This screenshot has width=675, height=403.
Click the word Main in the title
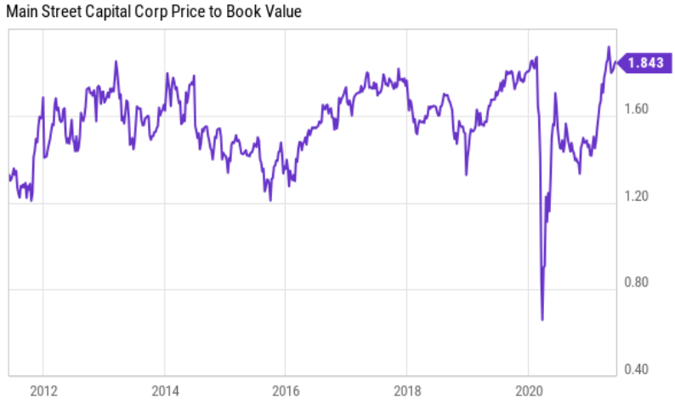22,12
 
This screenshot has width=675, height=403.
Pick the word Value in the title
283,12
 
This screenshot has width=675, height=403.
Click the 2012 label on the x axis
43,391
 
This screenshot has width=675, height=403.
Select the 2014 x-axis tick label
165,391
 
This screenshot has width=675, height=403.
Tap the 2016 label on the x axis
286,391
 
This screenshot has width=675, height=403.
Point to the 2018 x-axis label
408,391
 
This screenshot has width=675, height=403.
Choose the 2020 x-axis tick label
529,391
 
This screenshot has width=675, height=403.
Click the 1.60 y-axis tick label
636,109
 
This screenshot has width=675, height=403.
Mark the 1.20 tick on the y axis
636,196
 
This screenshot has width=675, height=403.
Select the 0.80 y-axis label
636,282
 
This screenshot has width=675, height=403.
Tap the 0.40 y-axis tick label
636,369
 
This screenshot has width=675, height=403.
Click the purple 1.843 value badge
645,63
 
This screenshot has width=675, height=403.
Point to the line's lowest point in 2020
542,320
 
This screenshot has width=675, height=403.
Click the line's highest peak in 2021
609,47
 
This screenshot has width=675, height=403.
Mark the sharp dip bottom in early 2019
466,175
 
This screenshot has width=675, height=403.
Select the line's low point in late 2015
270,200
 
